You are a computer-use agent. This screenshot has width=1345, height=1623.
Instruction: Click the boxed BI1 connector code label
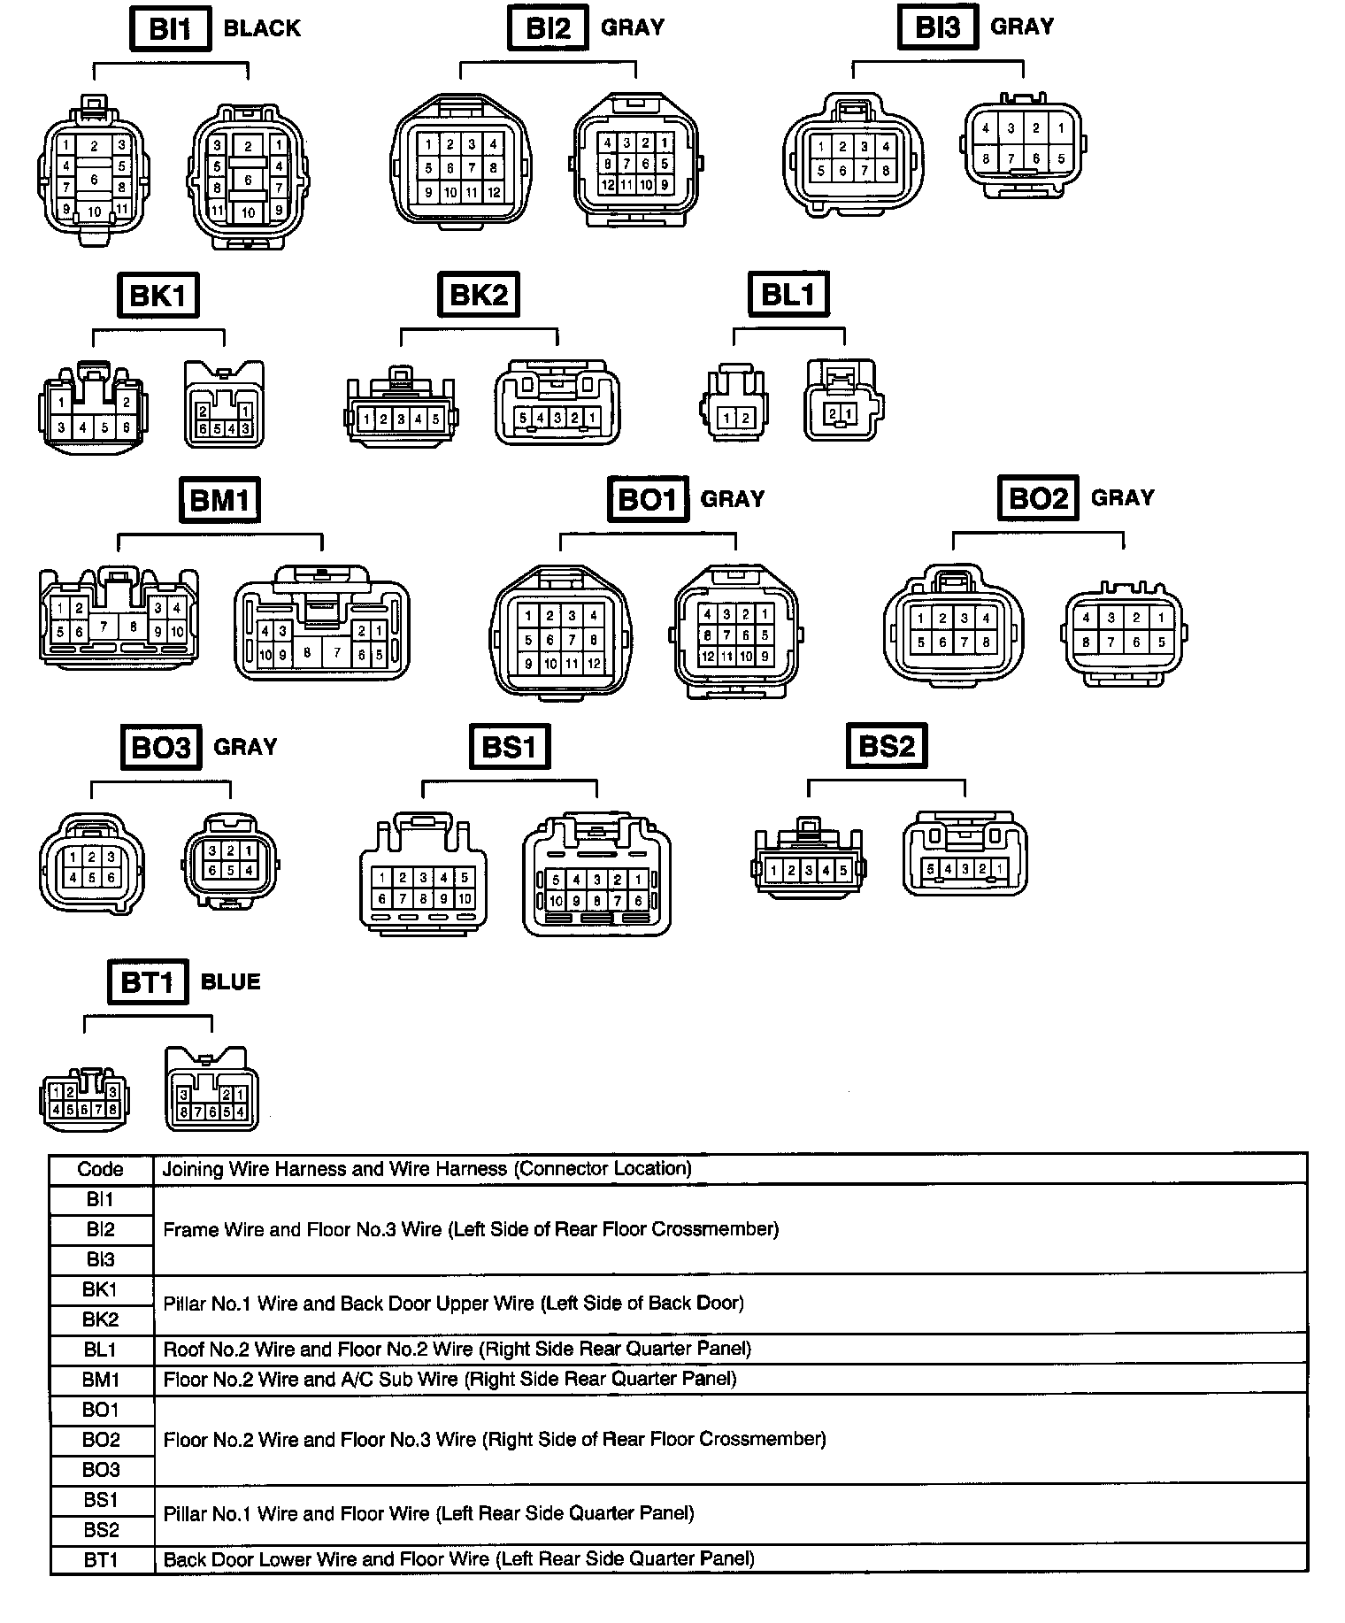(x=170, y=29)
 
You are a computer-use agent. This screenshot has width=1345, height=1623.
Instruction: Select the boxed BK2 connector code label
(x=478, y=295)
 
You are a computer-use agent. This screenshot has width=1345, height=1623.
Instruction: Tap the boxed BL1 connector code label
(x=788, y=295)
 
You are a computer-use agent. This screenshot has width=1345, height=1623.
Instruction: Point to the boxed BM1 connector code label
(x=219, y=501)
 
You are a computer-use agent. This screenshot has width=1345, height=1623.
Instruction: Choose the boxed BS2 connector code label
(x=887, y=746)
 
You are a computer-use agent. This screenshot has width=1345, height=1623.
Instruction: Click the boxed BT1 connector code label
(x=147, y=982)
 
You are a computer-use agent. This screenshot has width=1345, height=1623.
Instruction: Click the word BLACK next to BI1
(x=262, y=29)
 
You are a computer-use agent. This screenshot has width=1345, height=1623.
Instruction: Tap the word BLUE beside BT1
(x=231, y=982)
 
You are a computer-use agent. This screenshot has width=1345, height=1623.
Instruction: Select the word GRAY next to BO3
(x=245, y=747)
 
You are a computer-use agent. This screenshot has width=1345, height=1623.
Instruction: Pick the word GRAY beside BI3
(x=1022, y=27)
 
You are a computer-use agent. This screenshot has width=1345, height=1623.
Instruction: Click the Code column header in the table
(x=101, y=1170)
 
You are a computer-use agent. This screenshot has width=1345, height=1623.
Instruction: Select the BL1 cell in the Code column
(x=101, y=1350)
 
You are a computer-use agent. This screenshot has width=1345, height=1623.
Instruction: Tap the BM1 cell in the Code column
(x=101, y=1380)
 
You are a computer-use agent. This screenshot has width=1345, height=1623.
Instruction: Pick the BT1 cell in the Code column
(x=101, y=1560)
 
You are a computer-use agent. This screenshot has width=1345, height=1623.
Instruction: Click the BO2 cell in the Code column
(x=101, y=1440)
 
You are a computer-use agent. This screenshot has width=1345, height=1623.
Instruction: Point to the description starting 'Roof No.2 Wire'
(x=457, y=1350)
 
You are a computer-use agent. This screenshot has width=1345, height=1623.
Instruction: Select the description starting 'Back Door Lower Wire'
(x=458, y=1559)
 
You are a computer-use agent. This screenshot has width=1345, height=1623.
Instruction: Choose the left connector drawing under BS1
(x=423, y=874)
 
